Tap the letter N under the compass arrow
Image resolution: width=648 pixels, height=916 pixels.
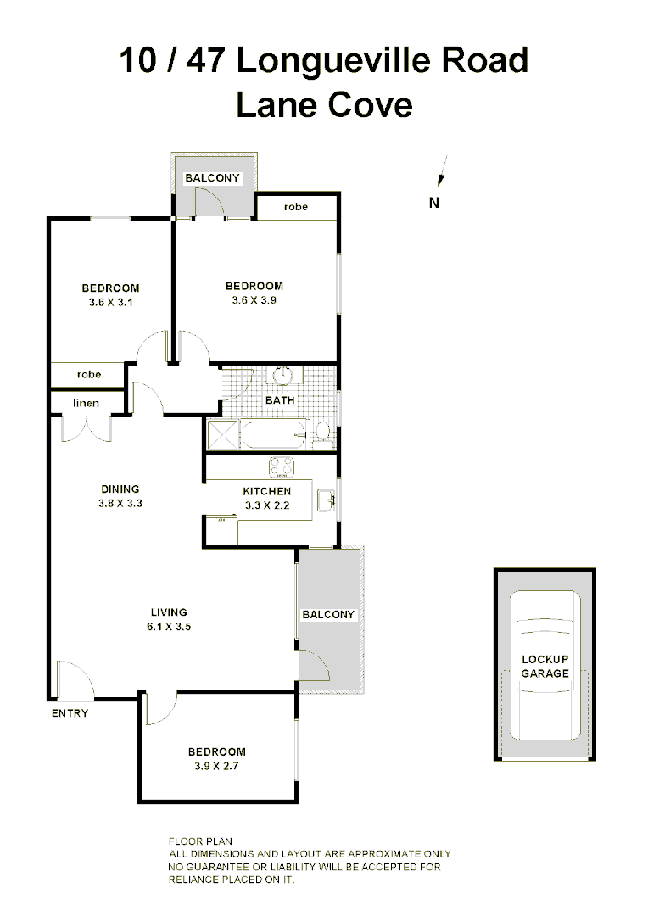[434, 202]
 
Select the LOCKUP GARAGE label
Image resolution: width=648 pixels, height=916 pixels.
[545, 666]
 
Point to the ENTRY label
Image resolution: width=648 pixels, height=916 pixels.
[70, 713]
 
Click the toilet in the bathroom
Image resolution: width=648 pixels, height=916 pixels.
[321, 434]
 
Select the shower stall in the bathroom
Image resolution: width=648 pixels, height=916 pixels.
[222, 436]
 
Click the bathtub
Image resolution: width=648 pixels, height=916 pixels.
[275, 436]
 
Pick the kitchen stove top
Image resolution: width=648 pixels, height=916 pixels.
[281, 466]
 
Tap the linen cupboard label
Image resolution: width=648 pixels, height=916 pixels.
[87, 403]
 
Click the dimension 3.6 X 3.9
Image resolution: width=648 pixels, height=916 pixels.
[254, 299]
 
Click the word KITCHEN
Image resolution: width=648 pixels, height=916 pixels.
[267, 491]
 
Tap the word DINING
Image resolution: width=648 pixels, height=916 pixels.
[120, 489]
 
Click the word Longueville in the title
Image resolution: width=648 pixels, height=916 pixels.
[338, 60]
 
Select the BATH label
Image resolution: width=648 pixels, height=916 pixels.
[280, 399]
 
